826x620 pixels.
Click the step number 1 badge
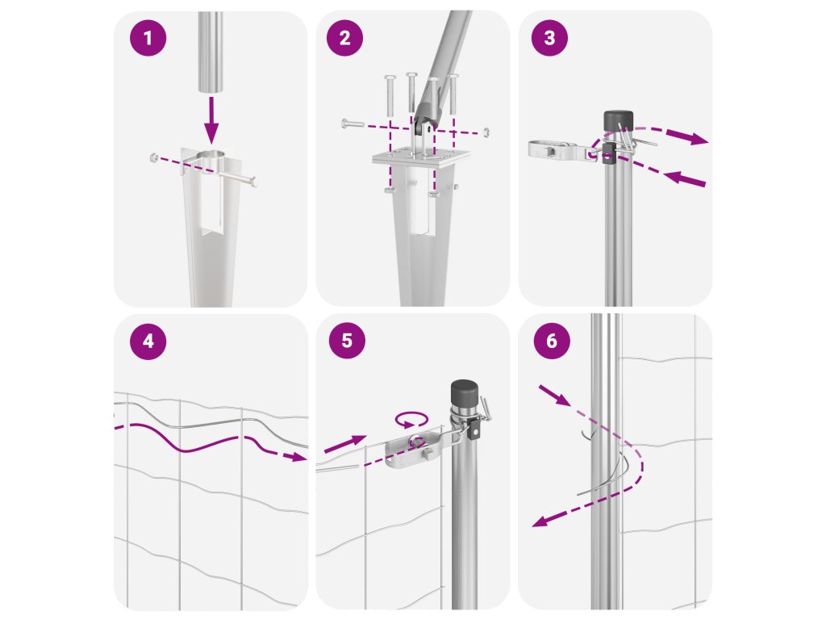click(148, 38)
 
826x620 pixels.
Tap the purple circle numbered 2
click(344, 38)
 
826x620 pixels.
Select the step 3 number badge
click(549, 37)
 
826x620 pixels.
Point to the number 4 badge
click(148, 341)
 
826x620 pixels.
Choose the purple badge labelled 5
click(347, 341)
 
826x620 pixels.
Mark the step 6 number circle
click(552, 341)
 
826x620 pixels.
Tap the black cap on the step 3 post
click(618, 121)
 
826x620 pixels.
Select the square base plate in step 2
click(420, 157)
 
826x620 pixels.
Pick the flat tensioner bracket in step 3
click(562, 149)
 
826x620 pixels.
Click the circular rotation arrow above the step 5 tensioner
click(411, 420)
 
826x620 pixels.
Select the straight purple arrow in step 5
click(345, 444)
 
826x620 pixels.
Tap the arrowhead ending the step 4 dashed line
click(298, 457)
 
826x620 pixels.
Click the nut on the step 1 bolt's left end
click(153, 157)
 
